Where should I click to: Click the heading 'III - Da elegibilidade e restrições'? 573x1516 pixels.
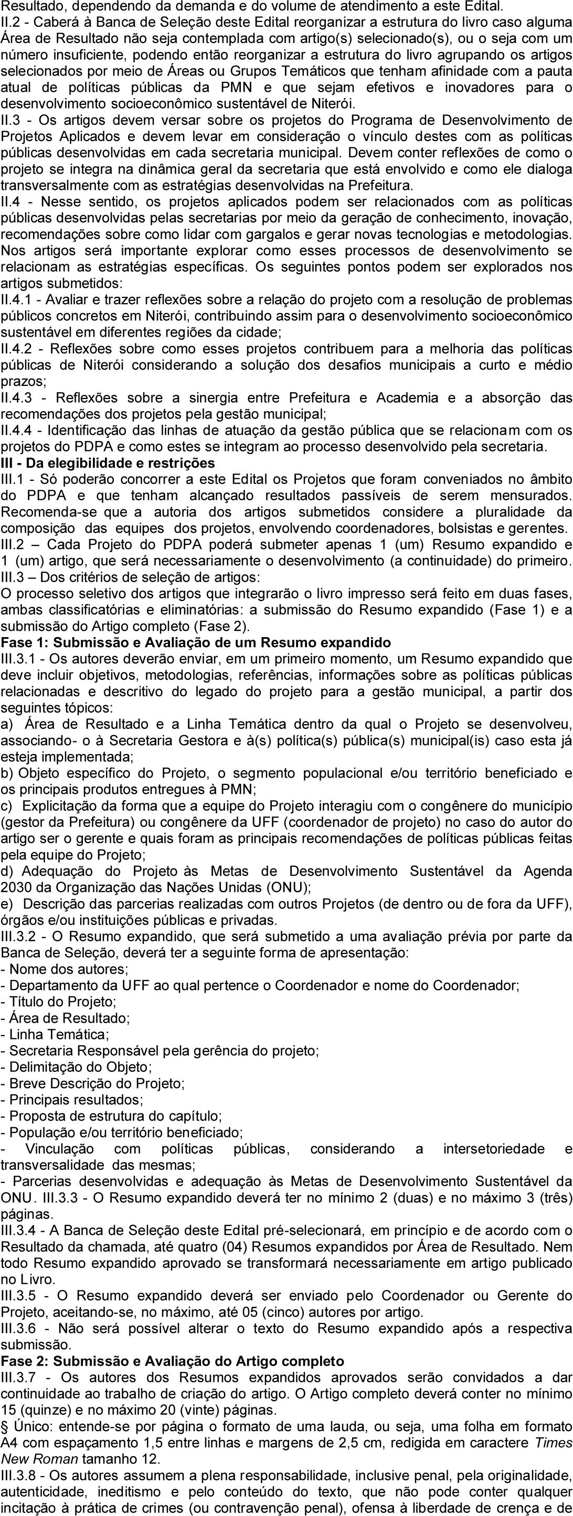coord(108,463)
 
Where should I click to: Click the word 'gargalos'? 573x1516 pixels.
coord(276,235)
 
